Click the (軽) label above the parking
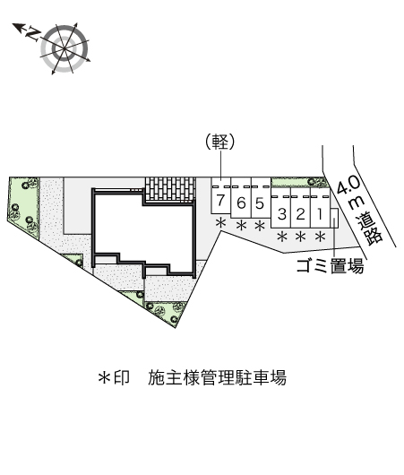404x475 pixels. [220, 142]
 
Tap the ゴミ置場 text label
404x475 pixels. [330, 266]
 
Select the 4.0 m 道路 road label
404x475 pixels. [360, 210]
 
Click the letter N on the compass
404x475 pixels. [33, 34]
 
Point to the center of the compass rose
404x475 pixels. [64, 48]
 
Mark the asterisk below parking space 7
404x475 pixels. [220, 223]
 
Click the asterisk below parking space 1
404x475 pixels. [320, 237]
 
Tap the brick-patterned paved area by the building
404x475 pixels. [169, 189]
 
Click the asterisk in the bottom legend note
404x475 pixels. [104, 377]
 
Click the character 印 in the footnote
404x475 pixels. [122, 377]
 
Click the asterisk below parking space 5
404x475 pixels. [260, 226]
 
